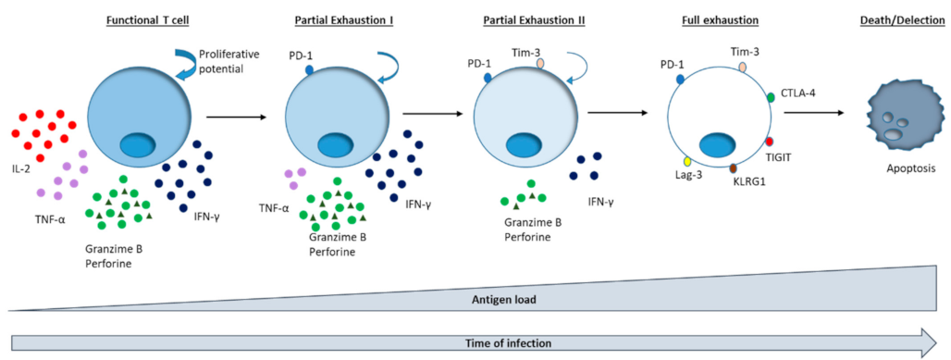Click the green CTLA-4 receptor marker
pos(771,97)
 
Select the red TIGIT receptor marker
pos(770,142)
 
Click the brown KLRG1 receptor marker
pos(735,168)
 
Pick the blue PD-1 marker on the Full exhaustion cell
pos(681,81)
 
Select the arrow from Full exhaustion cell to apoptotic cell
pos(814,115)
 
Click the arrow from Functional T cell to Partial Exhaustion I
pos(236,118)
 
